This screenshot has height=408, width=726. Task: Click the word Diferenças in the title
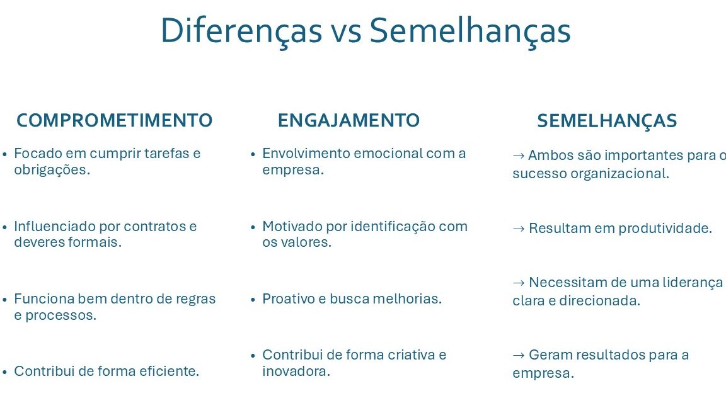[x=241, y=31]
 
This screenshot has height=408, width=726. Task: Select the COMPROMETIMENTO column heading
[x=114, y=120]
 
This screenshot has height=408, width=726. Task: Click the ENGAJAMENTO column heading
[x=349, y=120]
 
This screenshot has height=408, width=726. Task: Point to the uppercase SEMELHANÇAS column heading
[x=607, y=121]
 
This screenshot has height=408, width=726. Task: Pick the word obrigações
[x=52, y=170]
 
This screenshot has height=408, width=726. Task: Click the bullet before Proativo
[x=253, y=300]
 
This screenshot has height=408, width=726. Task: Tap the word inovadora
[x=296, y=371]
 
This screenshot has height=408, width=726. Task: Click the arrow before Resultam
[x=519, y=229]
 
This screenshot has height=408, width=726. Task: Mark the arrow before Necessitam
[x=519, y=283]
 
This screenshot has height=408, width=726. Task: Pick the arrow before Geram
[x=519, y=355]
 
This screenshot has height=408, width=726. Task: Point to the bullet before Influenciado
[x=4, y=227]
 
